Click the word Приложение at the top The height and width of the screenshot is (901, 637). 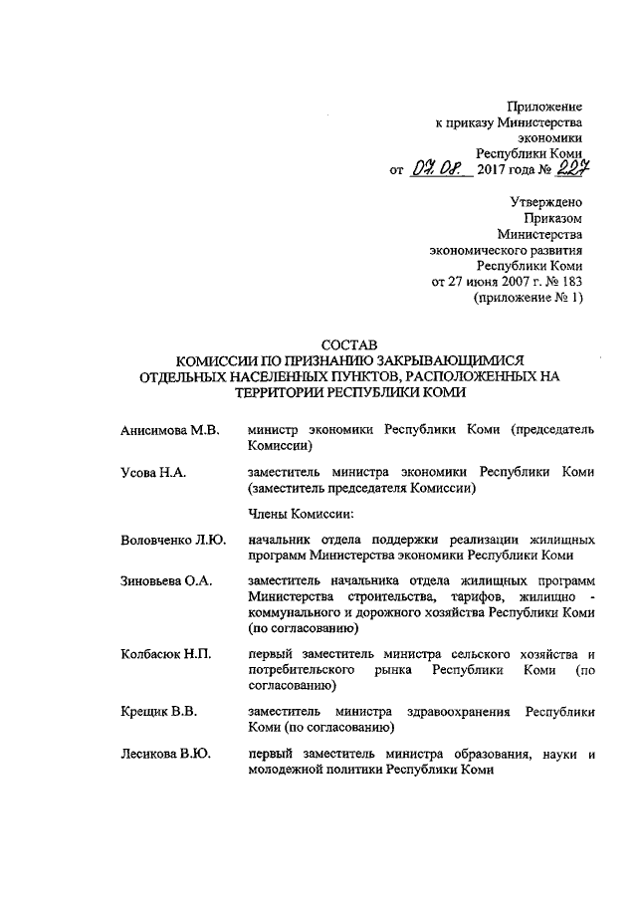click(x=544, y=106)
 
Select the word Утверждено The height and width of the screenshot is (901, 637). click(x=546, y=201)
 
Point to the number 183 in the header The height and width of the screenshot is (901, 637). click(x=568, y=281)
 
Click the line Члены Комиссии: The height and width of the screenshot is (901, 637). click(x=301, y=514)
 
